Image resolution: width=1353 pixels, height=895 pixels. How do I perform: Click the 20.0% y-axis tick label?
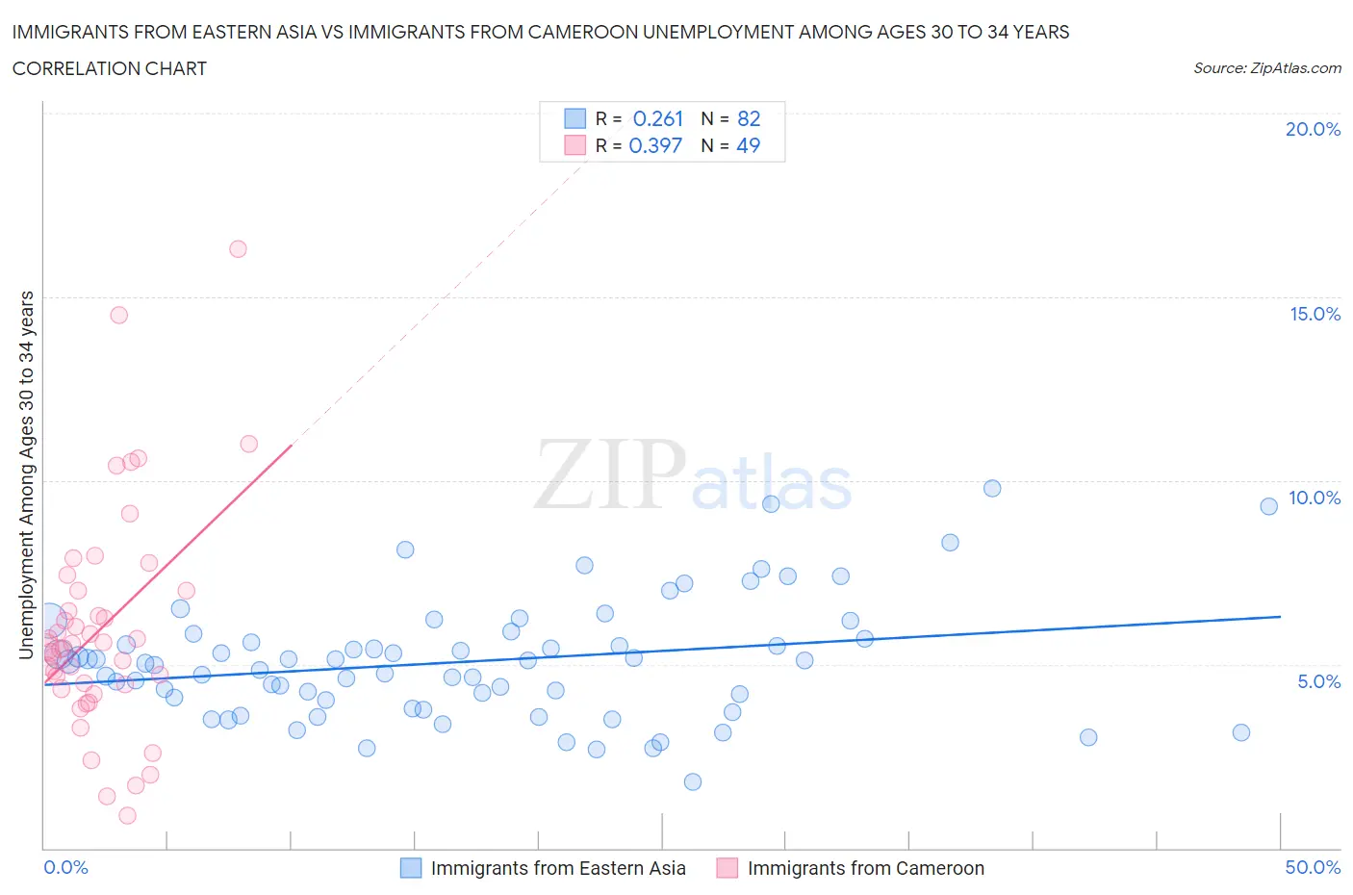click(1313, 129)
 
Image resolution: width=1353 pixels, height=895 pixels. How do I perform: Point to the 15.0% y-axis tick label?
click(1315, 314)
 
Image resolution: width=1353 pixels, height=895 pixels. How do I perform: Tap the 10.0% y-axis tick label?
click(1315, 498)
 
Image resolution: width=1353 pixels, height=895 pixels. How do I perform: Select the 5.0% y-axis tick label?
click(1318, 681)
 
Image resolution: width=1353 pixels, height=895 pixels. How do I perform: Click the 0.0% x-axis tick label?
click(65, 867)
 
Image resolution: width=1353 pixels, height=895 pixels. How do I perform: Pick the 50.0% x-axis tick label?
click(1313, 867)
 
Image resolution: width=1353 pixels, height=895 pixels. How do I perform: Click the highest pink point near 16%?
click(238, 249)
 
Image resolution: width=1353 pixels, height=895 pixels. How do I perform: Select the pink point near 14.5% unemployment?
click(119, 315)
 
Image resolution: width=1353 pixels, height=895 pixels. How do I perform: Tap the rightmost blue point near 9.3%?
click(1268, 506)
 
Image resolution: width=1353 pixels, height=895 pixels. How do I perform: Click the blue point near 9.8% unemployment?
click(992, 488)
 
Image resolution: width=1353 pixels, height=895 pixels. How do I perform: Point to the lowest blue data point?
click(693, 781)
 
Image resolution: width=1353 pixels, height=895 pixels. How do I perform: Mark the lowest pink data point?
click(127, 815)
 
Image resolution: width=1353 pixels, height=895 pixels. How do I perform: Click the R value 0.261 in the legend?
click(657, 119)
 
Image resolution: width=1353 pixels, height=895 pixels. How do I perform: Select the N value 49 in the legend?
click(748, 145)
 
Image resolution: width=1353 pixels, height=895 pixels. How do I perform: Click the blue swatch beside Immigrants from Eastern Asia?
click(411, 868)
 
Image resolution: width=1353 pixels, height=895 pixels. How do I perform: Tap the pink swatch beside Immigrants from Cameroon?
click(728, 868)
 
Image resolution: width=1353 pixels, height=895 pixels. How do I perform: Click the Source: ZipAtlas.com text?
click(1266, 68)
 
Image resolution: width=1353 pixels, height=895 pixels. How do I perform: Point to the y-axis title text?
click(26, 474)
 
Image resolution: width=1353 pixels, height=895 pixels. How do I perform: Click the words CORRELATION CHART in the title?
click(110, 68)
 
